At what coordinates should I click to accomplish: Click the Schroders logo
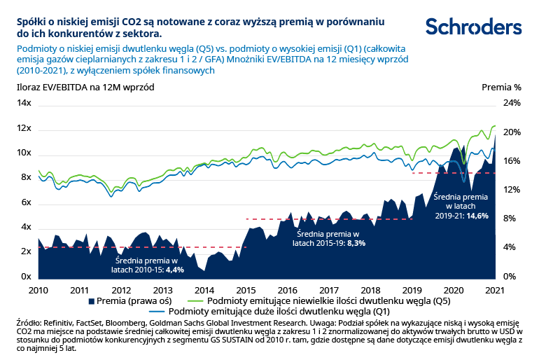[x=474, y=27]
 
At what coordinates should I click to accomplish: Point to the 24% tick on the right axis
[x=512, y=103]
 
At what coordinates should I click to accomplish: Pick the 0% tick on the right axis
[x=510, y=277]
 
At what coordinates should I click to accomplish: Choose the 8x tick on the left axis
[x=26, y=178]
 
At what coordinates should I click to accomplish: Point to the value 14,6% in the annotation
[x=475, y=216]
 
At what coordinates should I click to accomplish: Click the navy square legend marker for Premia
[x=92, y=300]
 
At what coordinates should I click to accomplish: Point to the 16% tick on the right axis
[x=512, y=161]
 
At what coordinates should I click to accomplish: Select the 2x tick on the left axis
[x=26, y=252]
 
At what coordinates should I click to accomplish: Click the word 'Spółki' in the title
[x=32, y=21]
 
